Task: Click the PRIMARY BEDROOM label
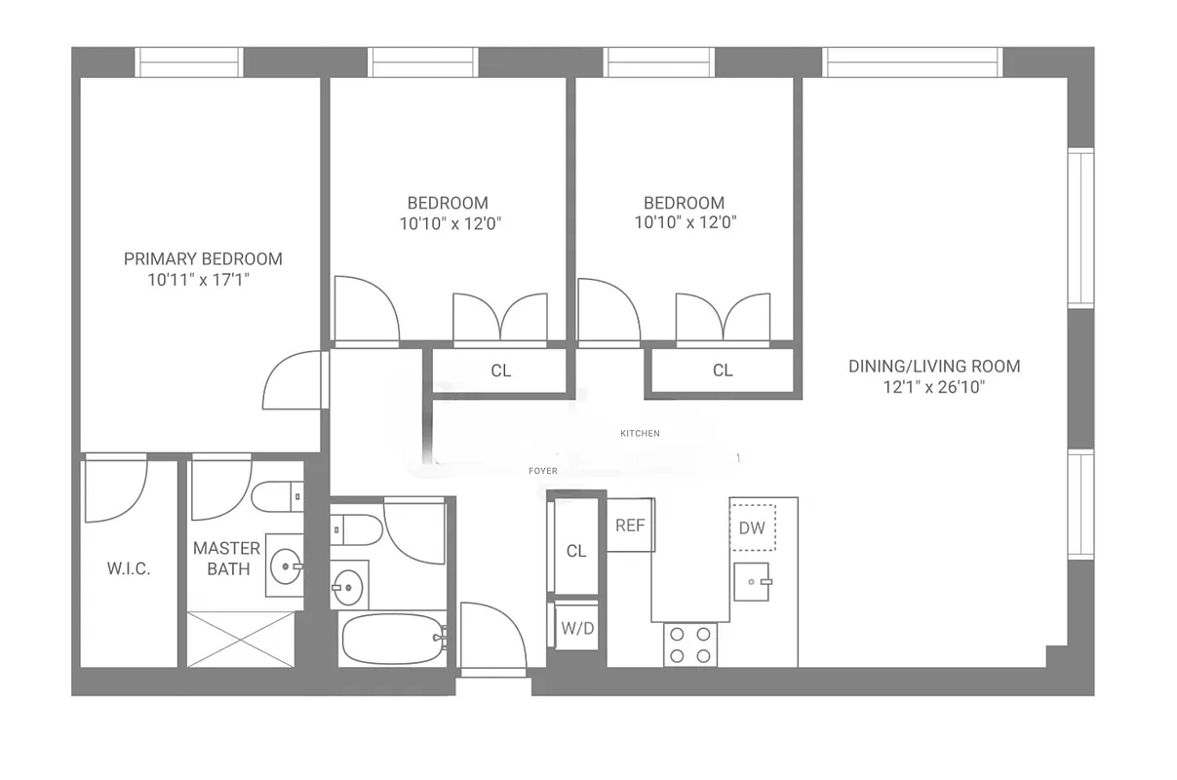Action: (203, 258)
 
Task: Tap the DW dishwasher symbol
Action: (752, 527)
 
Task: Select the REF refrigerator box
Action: (630, 525)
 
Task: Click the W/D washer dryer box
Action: (577, 629)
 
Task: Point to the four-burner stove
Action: (690, 644)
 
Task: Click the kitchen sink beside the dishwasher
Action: (752, 581)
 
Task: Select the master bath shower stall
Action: (240, 640)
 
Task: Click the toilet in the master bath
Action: (277, 496)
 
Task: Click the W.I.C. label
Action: (129, 569)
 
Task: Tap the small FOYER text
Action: (543, 471)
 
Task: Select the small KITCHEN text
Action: (640, 433)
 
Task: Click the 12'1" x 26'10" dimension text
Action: (934, 387)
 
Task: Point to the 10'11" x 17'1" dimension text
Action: (203, 280)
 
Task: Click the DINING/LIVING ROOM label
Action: (934, 367)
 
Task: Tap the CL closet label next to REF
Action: (576, 551)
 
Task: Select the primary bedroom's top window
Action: (189, 61)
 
